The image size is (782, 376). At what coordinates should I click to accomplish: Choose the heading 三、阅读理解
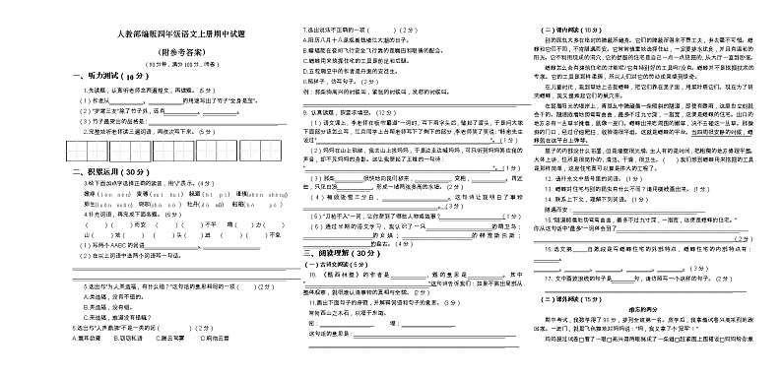coord(338,253)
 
